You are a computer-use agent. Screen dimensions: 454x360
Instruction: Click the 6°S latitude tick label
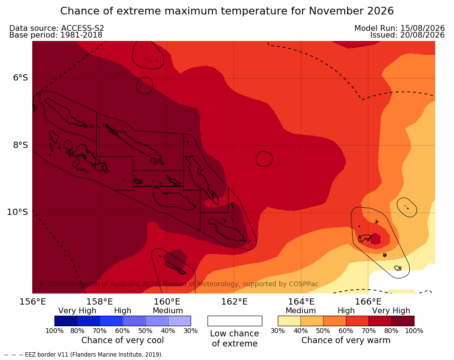click(20, 78)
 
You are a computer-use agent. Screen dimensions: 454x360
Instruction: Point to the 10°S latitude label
click(18, 212)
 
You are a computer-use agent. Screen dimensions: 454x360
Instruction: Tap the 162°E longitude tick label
click(234, 302)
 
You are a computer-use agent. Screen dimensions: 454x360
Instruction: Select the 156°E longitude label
click(33, 302)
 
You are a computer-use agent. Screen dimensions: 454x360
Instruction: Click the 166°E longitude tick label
click(368, 302)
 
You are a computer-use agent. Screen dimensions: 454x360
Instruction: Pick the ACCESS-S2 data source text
click(82, 28)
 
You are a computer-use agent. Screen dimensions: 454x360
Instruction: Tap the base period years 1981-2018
click(81, 35)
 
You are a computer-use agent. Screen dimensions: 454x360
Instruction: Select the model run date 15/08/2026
click(422, 28)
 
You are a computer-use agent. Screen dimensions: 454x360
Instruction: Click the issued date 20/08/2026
click(422, 35)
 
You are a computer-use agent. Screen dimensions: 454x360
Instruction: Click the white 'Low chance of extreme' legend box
click(235, 321)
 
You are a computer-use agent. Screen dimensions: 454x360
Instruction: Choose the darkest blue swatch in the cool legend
click(66, 321)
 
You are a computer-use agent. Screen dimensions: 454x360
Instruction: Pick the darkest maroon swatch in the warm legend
click(403, 321)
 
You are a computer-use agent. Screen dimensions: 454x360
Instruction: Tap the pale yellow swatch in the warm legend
click(289, 321)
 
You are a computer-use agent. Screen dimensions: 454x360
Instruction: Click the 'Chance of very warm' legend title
click(346, 340)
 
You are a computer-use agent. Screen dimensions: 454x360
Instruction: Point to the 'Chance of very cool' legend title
click(122, 340)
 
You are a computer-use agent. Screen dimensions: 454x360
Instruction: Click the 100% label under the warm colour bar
click(414, 331)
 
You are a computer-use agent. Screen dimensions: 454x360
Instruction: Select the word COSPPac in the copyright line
click(303, 284)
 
